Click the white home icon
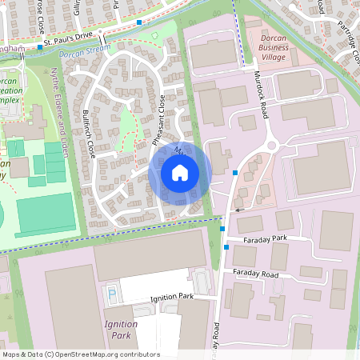pos(179,172)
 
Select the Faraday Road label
pos(255,274)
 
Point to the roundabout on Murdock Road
pos(271,146)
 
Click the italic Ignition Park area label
pos(121,329)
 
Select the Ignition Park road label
pos(173,297)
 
